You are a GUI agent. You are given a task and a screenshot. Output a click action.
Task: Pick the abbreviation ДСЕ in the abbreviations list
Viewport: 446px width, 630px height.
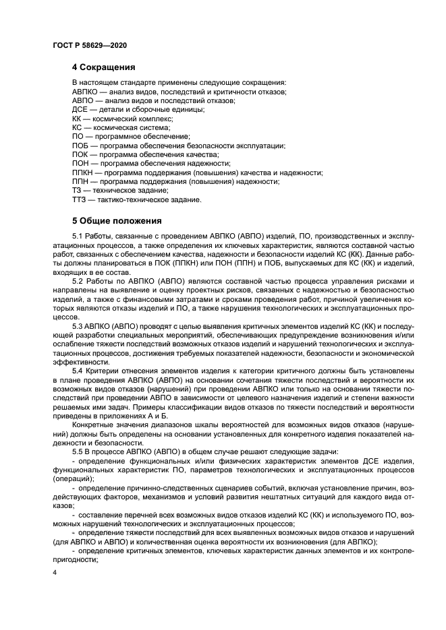(80, 109)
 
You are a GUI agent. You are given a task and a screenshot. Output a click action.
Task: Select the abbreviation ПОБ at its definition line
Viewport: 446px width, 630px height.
(81, 146)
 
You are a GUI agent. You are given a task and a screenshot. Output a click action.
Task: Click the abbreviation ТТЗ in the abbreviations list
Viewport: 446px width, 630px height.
(80, 200)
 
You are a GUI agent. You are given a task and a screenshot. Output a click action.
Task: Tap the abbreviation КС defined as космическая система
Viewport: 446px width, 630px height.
(78, 127)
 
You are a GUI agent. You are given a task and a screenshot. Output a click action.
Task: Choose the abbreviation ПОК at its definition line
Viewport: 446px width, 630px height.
(81, 154)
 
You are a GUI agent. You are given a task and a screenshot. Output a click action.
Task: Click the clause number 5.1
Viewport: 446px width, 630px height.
(78, 235)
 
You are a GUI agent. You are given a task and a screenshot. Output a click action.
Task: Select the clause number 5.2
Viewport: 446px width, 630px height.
(78, 280)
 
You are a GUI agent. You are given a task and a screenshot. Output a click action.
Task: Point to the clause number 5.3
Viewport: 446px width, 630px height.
(78, 324)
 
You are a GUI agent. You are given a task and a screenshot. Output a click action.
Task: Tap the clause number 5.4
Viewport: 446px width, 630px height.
(78, 369)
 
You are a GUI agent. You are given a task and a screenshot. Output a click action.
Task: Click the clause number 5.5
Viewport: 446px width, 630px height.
(78, 431)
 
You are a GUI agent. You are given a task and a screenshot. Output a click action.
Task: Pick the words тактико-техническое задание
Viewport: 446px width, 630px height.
(148, 200)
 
